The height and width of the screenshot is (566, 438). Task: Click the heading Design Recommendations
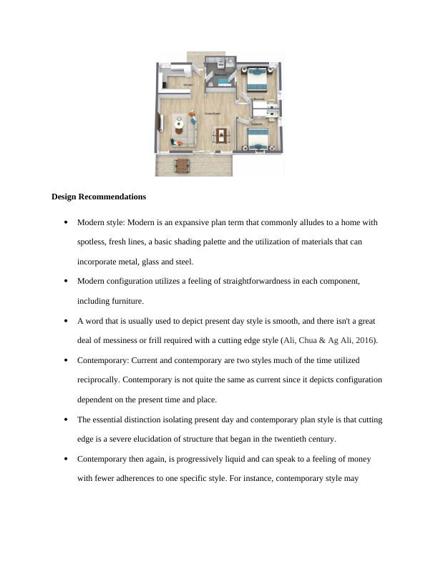click(99, 197)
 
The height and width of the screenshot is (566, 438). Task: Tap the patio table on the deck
click(183, 167)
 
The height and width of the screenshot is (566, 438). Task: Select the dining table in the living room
click(221, 134)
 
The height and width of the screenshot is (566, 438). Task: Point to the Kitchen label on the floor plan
click(188, 85)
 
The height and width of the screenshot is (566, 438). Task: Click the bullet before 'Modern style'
click(66, 222)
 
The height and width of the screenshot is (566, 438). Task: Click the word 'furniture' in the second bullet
click(127, 301)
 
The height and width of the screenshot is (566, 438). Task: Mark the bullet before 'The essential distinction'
click(66, 419)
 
